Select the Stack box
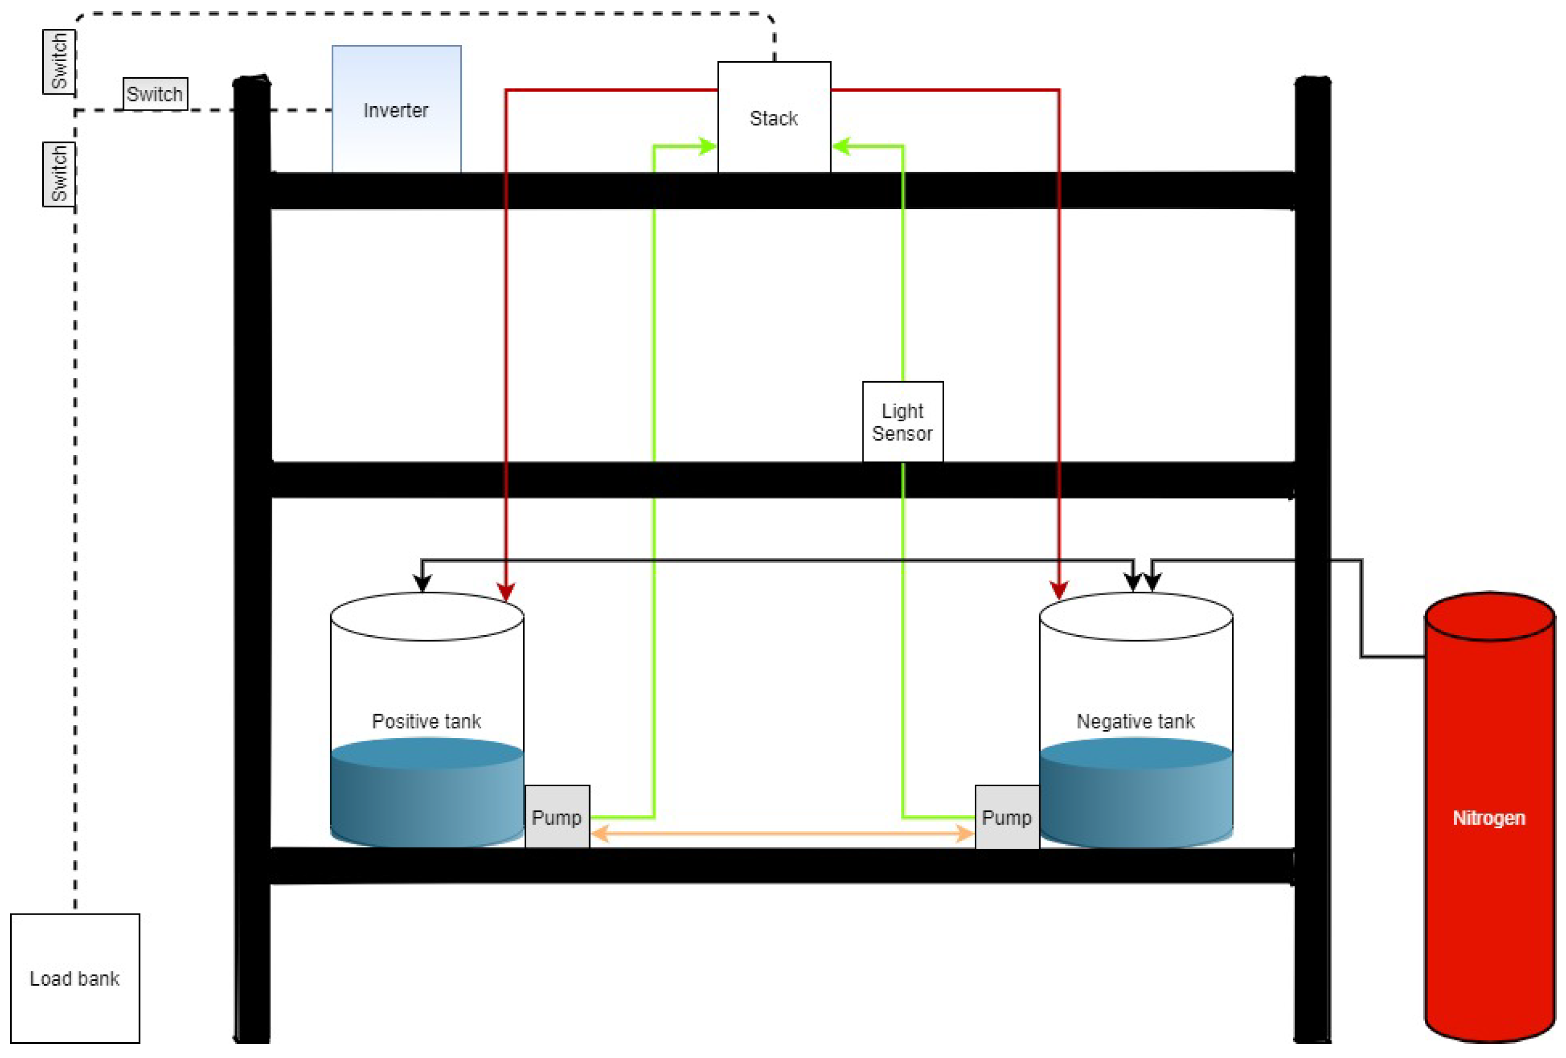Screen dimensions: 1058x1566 (774, 117)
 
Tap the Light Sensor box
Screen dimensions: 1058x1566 (902, 422)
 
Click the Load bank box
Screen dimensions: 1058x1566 (75, 978)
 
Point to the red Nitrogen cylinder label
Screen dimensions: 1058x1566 (1489, 817)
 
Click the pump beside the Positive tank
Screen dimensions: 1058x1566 (557, 817)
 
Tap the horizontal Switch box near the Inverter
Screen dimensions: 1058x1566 (155, 94)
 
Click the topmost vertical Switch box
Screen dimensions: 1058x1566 (58, 62)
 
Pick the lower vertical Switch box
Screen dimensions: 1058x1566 (58, 174)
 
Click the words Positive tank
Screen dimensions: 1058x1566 (427, 721)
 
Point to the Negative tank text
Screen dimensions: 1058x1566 (1135, 721)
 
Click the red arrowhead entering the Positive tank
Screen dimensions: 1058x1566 (506, 592)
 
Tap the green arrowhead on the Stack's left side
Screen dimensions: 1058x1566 (707, 146)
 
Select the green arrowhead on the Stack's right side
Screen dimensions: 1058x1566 (841, 146)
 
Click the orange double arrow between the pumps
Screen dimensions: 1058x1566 (782, 834)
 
